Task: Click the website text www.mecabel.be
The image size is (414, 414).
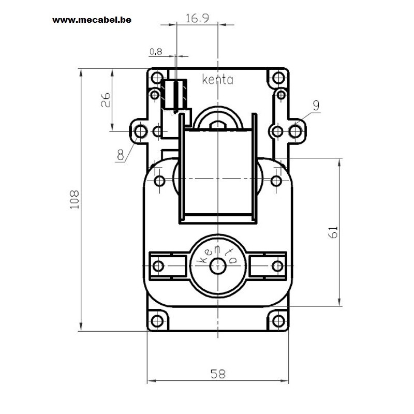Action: point(92,20)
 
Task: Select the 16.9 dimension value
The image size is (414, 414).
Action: point(198,18)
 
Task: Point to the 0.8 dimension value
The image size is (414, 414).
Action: point(156,52)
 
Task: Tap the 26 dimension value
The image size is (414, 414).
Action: point(106,100)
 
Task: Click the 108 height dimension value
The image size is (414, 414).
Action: point(74,200)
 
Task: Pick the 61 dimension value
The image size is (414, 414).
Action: point(333,232)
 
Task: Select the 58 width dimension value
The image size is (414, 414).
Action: point(218,374)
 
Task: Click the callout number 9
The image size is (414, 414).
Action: point(316,106)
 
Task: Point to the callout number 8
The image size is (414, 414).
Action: point(121,154)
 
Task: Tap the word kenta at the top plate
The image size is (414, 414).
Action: point(217,80)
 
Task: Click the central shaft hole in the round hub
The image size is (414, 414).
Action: point(218,266)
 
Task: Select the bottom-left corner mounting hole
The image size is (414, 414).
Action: point(157,321)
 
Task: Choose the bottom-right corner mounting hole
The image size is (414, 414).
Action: point(278,321)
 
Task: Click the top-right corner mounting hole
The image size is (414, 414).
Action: point(278,78)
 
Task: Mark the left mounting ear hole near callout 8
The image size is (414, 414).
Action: point(140,131)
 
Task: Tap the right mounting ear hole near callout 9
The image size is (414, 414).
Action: point(295,131)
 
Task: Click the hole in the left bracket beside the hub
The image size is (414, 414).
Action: point(158,266)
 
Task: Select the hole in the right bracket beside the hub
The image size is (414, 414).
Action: point(277,266)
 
